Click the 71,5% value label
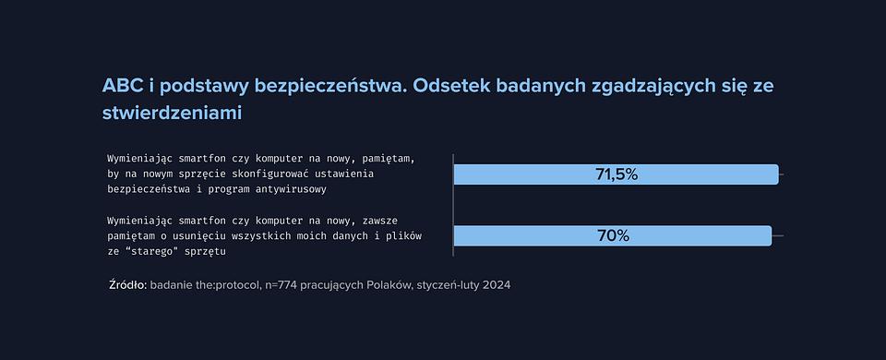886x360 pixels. [617, 174]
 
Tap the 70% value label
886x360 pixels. [613, 235]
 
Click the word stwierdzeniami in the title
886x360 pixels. [172, 113]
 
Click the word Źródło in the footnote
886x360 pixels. [127, 285]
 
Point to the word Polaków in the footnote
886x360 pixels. [389, 285]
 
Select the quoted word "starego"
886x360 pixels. [150, 251]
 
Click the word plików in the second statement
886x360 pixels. [406, 235]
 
